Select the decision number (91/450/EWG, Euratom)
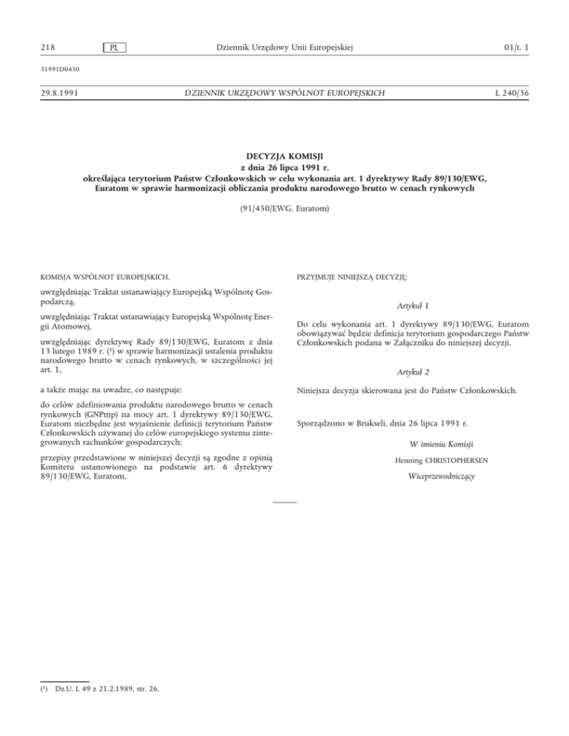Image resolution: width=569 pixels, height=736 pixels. click(x=284, y=210)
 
